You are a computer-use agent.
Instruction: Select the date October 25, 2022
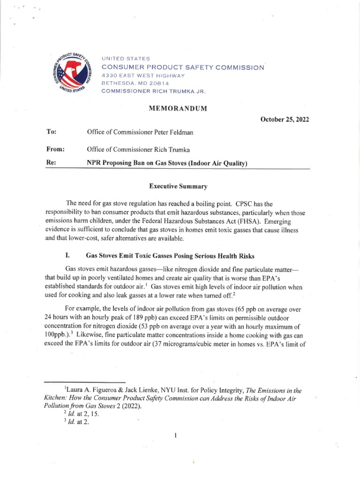[x=285, y=120]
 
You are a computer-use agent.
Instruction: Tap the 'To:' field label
[x=52, y=133]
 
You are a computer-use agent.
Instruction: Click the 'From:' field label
[x=55, y=150]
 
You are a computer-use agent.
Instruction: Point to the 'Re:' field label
[x=52, y=163]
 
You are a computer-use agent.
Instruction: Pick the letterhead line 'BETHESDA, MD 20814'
[x=133, y=83]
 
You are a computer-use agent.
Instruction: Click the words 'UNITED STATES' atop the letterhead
[x=126, y=59]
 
